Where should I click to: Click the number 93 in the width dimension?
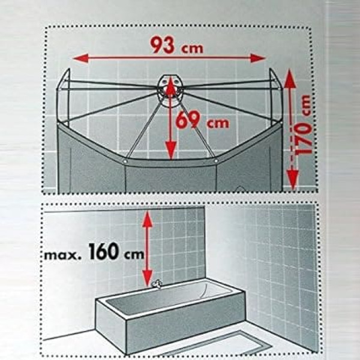163,45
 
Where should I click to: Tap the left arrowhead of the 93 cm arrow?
80,58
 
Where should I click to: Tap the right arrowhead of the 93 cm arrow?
258,58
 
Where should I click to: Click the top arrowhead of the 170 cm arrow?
290,79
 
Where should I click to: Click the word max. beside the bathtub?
62,255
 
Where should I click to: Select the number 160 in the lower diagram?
103,251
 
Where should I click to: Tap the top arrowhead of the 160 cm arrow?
148,220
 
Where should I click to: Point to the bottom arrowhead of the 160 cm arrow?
148,278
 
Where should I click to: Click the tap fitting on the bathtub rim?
157,284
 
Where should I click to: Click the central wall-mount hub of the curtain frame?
170,90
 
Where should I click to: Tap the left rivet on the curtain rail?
125,161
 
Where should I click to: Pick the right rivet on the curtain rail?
216,161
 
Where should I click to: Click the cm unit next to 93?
193,49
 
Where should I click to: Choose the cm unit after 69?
218,123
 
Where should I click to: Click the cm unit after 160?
134,254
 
